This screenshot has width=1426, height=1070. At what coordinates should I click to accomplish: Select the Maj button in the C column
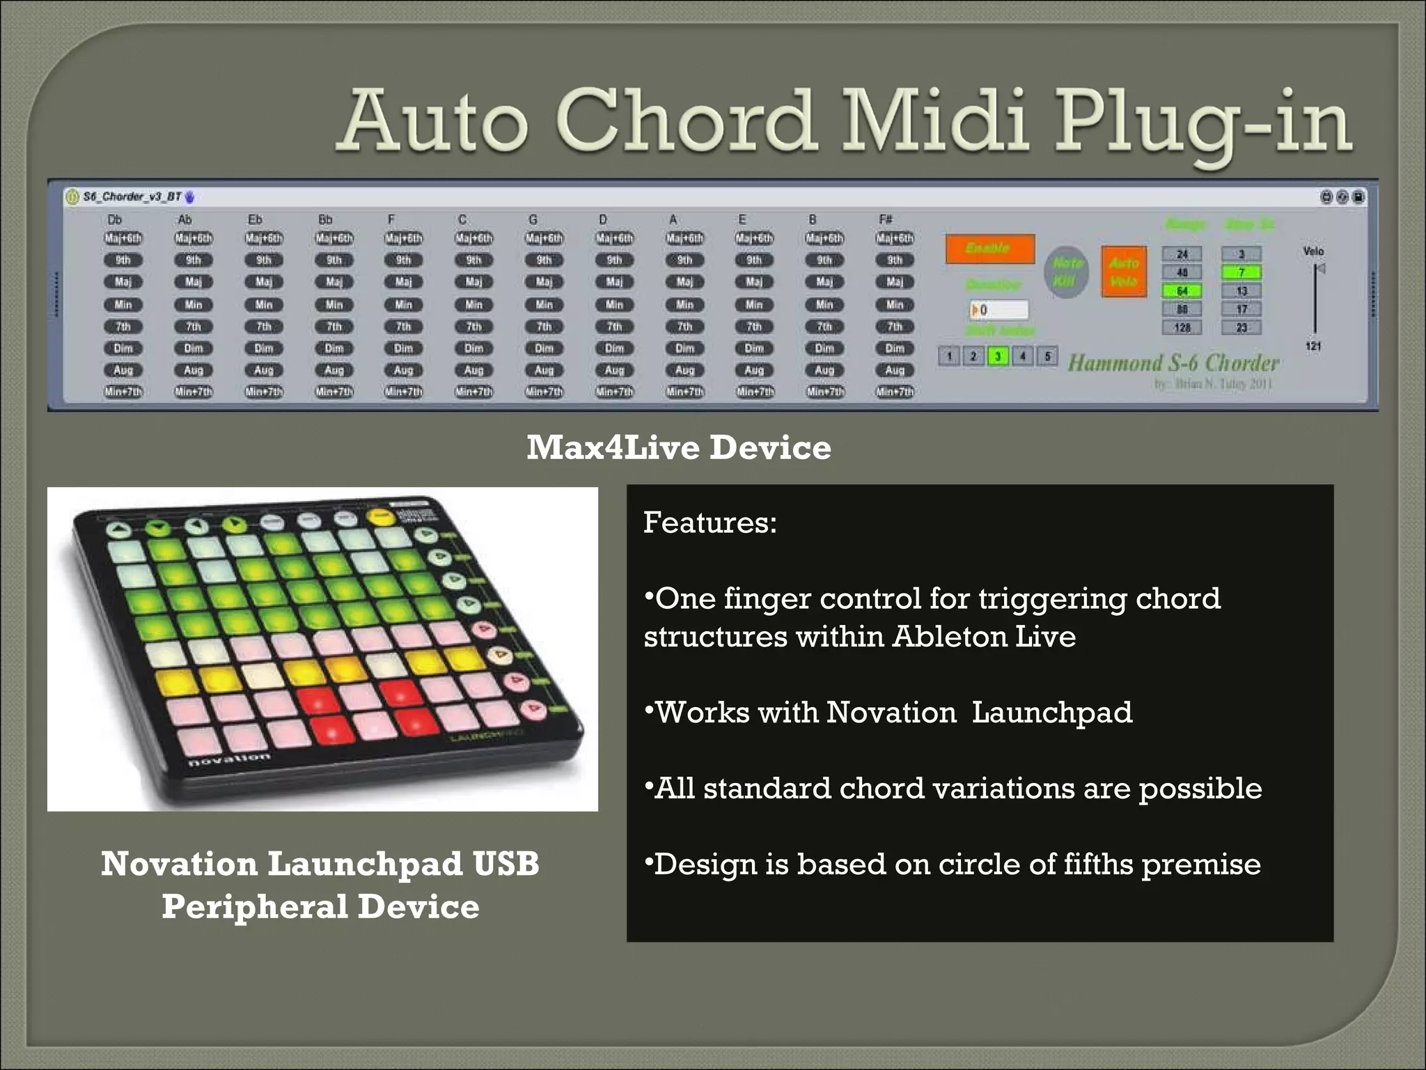pos(473,282)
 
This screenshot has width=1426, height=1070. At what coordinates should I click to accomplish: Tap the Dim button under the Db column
pos(123,348)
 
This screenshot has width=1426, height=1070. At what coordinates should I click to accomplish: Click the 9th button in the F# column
pos(895,261)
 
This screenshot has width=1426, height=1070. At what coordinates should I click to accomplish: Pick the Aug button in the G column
pos(544,371)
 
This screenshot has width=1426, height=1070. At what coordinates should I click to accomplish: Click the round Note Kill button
pos(1066,272)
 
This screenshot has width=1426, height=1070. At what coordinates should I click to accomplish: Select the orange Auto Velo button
pos(1123,272)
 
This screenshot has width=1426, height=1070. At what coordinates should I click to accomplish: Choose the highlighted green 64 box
pos(1182,291)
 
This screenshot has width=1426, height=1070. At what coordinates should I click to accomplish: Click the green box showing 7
pos(1241,272)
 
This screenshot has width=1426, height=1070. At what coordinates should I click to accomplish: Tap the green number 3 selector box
pos(998,357)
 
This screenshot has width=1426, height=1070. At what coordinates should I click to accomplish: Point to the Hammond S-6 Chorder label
pos(1173,363)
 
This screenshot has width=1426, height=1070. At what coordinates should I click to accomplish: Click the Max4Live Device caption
pos(678,447)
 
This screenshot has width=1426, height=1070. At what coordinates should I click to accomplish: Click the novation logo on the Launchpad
pos(229,759)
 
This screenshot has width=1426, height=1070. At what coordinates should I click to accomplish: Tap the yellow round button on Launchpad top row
pos(380,516)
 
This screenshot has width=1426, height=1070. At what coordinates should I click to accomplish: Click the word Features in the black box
pos(709,522)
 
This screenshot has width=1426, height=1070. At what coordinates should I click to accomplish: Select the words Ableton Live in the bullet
pos(984,637)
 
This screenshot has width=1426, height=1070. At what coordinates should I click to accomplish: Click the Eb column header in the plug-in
pos(256,219)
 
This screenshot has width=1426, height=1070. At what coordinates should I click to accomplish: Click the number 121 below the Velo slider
pos(1313,346)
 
